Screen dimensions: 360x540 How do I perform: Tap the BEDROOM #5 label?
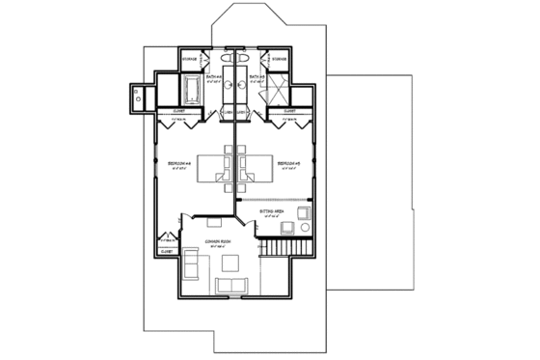[289, 165]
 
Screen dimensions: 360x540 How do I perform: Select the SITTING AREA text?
[271, 209]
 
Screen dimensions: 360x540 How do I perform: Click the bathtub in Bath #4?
[191, 93]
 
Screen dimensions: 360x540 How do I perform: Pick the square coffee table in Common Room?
[231, 263]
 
